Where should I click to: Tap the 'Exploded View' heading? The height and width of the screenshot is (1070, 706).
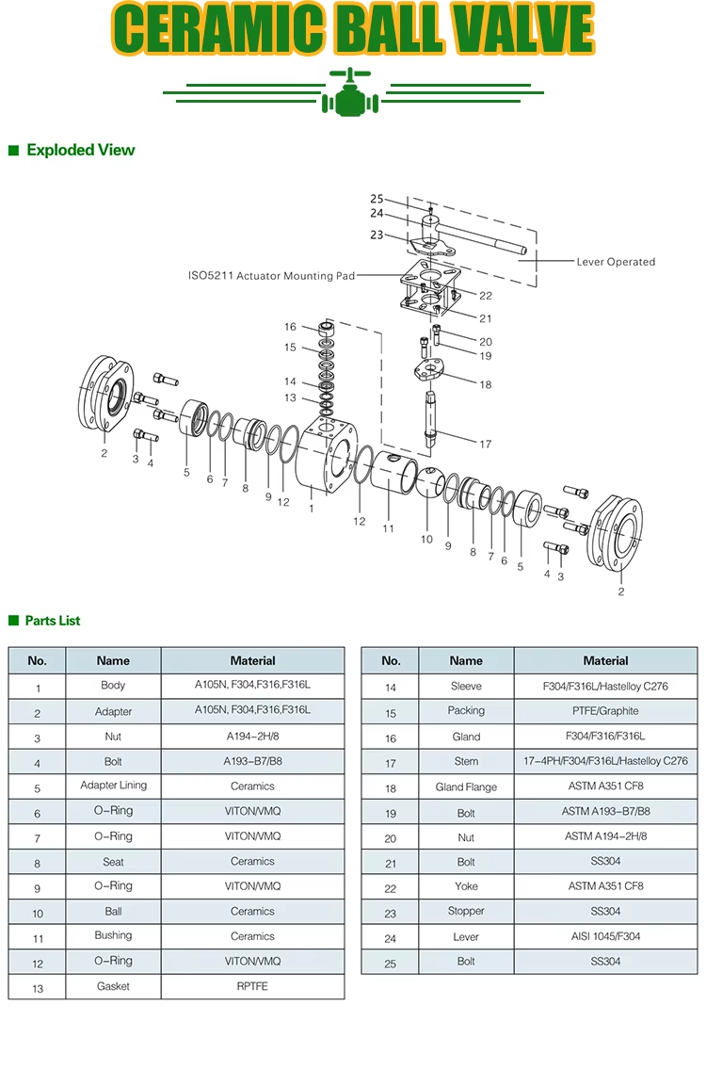click(x=80, y=150)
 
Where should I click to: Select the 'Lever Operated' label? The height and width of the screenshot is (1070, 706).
click(x=616, y=262)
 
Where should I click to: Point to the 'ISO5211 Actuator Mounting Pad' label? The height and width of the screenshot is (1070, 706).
click(x=272, y=276)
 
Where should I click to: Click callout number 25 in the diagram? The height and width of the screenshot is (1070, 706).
click(x=377, y=199)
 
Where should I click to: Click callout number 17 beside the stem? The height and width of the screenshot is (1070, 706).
click(x=486, y=444)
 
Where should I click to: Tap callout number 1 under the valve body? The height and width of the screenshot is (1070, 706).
click(x=312, y=509)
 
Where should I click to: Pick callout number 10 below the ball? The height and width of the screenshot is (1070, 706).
click(x=426, y=539)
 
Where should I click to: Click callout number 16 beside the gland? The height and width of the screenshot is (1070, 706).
click(x=290, y=327)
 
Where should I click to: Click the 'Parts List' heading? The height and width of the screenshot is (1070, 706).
click(x=53, y=621)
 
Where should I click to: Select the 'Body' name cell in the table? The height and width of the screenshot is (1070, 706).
click(x=113, y=686)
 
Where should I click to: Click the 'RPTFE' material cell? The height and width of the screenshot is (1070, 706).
click(x=252, y=986)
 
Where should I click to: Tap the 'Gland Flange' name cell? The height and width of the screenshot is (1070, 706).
click(x=466, y=786)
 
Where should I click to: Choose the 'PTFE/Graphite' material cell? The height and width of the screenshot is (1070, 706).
click(x=605, y=711)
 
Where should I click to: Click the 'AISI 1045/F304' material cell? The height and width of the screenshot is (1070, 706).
click(x=605, y=936)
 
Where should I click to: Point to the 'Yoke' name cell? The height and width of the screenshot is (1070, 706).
click(x=466, y=886)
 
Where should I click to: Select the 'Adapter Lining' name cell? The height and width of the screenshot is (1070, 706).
click(x=113, y=786)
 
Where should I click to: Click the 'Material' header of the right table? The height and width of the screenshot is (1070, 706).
click(x=605, y=660)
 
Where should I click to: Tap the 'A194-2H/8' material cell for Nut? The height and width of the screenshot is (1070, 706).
click(x=252, y=737)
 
